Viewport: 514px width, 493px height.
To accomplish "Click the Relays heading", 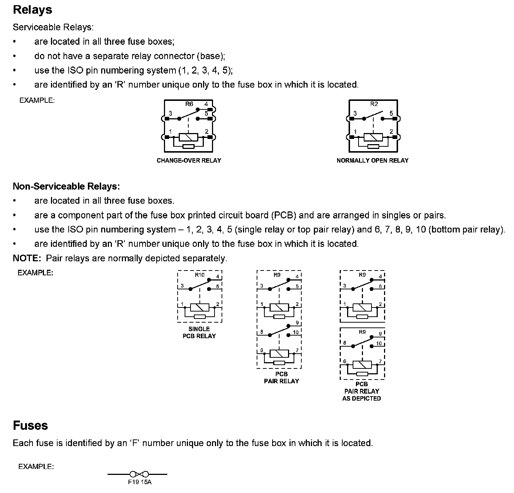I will pyautogui.click(x=32, y=10).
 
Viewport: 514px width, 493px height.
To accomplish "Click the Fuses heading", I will pyautogui.click(x=30, y=425).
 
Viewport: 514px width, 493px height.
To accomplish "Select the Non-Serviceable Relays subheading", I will pyautogui.click(x=66, y=186).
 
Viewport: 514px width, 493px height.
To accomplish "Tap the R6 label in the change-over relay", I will pyautogui.click(x=189, y=104).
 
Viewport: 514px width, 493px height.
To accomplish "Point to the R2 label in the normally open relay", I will pyautogui.click(x=374, y=104).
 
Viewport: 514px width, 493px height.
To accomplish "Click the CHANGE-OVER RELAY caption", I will pyautogui.click(x=189, y=160).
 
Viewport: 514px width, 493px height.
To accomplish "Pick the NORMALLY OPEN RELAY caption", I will pyautogui.click(x=373, y=160).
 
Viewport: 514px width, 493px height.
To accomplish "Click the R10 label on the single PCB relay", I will pyautogui.click(x=199, y=275).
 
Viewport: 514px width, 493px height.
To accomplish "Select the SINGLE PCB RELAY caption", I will pyautogui.click(x=199, y=332).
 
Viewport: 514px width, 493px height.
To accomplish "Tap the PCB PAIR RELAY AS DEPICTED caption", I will pyautogui.click(x=361, y=391).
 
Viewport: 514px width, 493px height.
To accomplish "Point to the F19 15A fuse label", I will pyautogui.click(x=140, y=482).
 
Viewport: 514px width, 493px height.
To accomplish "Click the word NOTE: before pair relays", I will pyautogui.click(x=27, y=258).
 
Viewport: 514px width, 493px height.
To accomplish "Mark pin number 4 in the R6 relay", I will pyautogui.click(x=206, y=104).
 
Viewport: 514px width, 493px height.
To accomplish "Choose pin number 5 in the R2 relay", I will pyautogui.click(x=391, y=113).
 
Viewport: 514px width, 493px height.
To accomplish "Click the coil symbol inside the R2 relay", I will pyautogui.click(x=373, y=137).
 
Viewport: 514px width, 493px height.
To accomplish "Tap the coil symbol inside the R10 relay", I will pyautogui.click(x=199, y=307).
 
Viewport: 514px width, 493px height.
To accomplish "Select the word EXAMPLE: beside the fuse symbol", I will pyautogui.click(x=36, y=467).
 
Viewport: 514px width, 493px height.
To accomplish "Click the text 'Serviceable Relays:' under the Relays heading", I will pyautogui.click(x=53, y=27).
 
